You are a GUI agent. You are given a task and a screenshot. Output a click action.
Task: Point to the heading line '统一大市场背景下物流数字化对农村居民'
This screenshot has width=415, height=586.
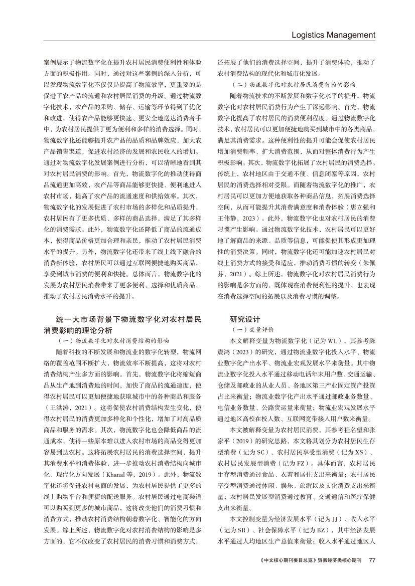tap(129, 319)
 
